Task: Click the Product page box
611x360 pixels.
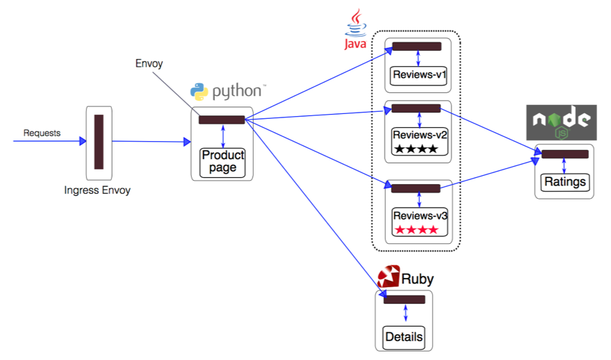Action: click(222, 162)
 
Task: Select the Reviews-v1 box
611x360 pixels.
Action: click(418, 75)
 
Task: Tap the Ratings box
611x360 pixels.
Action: click(564, 182)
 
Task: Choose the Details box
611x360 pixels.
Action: click(404, 337)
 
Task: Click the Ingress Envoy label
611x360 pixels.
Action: click(97, 190)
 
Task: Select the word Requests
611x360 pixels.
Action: click(42, 133)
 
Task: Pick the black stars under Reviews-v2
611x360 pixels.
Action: click(416, 149)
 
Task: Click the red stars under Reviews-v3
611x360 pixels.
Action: click(416, 229)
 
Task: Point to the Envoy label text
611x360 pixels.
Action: click(149, 64)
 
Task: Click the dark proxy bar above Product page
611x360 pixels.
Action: click(222, 120)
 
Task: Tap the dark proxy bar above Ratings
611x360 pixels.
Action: click(564, 154)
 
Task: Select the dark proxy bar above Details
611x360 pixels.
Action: click(405, 300)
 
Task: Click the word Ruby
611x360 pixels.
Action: click(418, 279)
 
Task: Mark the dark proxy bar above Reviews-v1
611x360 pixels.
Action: click(416, 47)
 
